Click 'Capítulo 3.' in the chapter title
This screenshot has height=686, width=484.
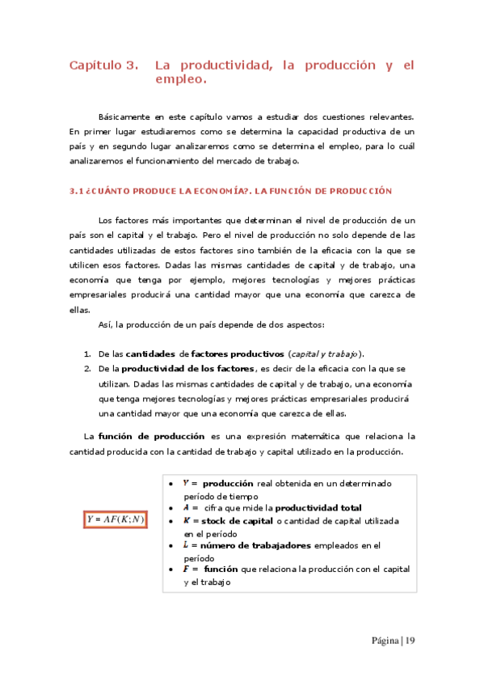[102, 65]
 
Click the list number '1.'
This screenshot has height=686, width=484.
[87, 354]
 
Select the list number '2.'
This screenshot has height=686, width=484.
[87, 369]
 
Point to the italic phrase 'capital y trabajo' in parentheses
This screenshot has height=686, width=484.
[325, 354]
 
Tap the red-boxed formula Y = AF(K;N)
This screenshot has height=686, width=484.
[116, 519]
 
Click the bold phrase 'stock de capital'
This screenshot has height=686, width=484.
[234, 521]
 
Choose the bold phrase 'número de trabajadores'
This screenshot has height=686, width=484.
[252, 545]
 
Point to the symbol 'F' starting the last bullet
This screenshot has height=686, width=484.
[186, 570]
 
